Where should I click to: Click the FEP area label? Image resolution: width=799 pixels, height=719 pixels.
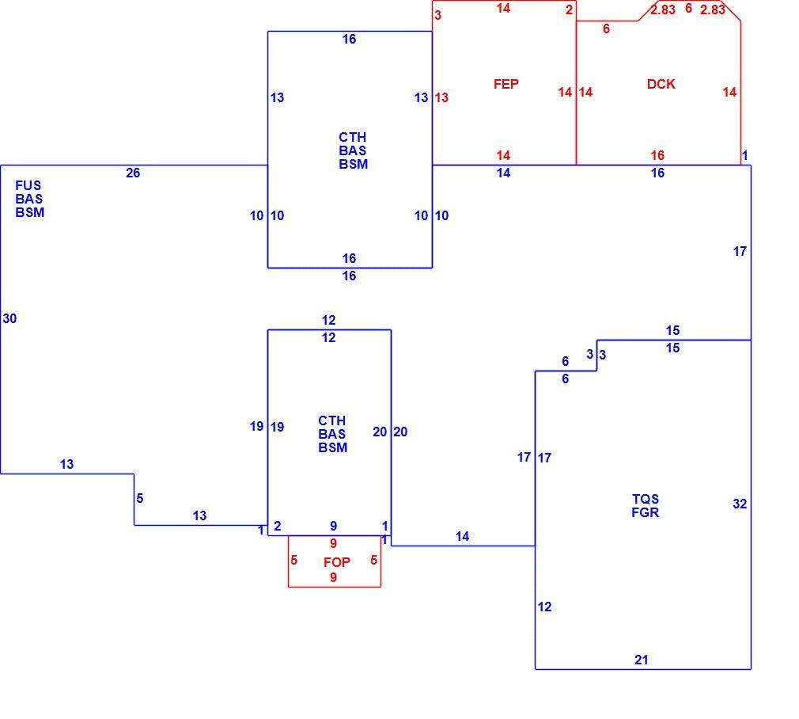click(x=506, y=84)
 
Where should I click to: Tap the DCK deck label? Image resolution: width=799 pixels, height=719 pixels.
click(x=661, y=84)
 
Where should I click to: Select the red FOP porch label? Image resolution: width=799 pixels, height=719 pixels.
click(x=337, y=562)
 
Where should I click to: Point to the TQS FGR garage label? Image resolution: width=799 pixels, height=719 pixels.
click(x=645, y=506)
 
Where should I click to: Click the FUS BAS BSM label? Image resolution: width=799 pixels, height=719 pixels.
click(x=29, y=199)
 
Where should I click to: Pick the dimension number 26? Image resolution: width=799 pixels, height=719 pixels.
click(x=133, y=173)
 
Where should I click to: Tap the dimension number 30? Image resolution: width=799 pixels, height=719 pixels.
click(x=9, y=318)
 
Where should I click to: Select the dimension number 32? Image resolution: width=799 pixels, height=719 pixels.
click(x=740, y=504)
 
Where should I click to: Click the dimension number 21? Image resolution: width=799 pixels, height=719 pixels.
click(x=642, y=660)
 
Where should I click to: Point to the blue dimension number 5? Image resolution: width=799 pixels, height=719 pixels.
click(x=140, y=498)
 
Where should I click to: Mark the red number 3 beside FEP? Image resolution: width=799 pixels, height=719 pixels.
click(x=437, y=15)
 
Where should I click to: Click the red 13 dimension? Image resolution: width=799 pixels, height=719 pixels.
click(x=441, y=97)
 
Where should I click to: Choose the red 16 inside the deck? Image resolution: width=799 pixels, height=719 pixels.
click(x=657, y=155)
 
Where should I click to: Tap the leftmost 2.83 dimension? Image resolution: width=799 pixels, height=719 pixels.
click(x=663, y=10)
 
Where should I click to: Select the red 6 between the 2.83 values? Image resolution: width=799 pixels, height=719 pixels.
click(x=688, y=8)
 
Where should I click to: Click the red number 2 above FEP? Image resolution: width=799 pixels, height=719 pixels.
click(x=569, y=10)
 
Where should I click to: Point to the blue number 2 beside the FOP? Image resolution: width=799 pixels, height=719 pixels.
click(x=277, y=526)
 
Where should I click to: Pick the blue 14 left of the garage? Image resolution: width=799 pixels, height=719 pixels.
click(x=462, y=536)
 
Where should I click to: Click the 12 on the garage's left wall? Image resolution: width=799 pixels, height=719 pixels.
click(x=545, y=607)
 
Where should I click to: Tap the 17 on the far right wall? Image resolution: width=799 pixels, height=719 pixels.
click(x=740, y=251)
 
